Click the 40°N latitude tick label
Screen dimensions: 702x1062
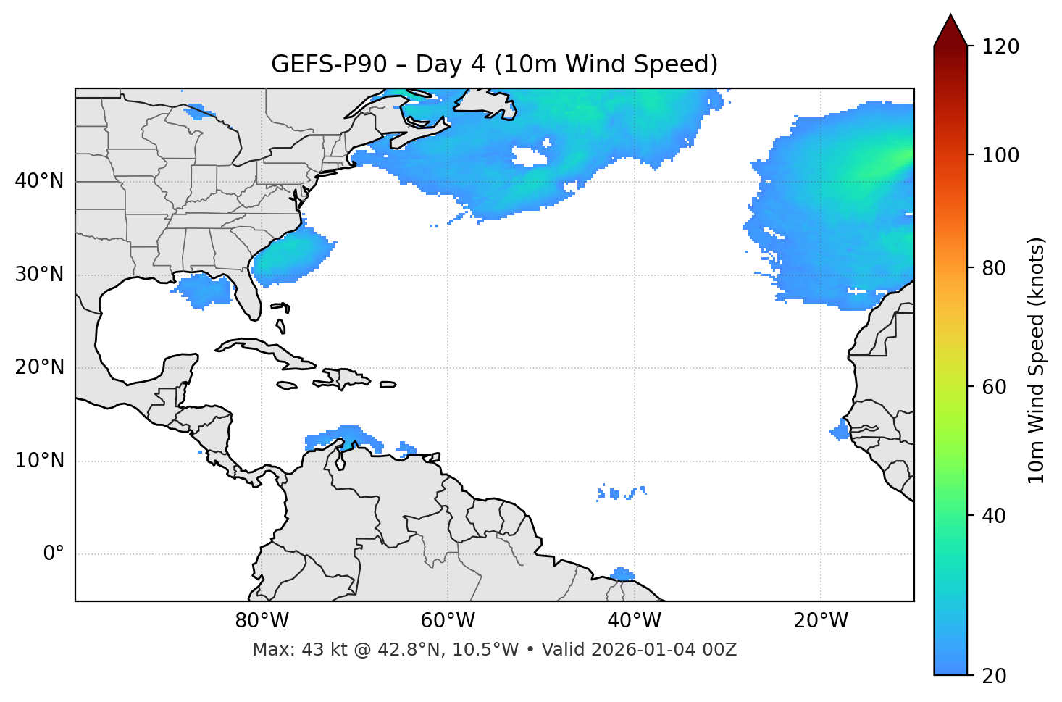tap(39, 181)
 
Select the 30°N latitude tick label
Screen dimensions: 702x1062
tap(39, 275)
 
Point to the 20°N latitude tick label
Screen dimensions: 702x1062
tap(39, 367)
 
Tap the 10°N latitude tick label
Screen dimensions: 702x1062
tap(39, 461)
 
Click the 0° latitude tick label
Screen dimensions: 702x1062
tap(54, 554)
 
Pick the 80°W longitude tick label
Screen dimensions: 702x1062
tap(262, 621)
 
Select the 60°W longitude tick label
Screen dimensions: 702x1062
tap(448, 621)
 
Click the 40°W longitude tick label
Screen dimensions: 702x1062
tap(634, 621)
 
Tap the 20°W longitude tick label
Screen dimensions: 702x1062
tap(820, 621)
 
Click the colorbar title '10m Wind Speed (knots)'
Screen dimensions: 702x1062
tap(1037, 361)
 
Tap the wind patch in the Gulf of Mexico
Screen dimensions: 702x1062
tap(205, 291)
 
